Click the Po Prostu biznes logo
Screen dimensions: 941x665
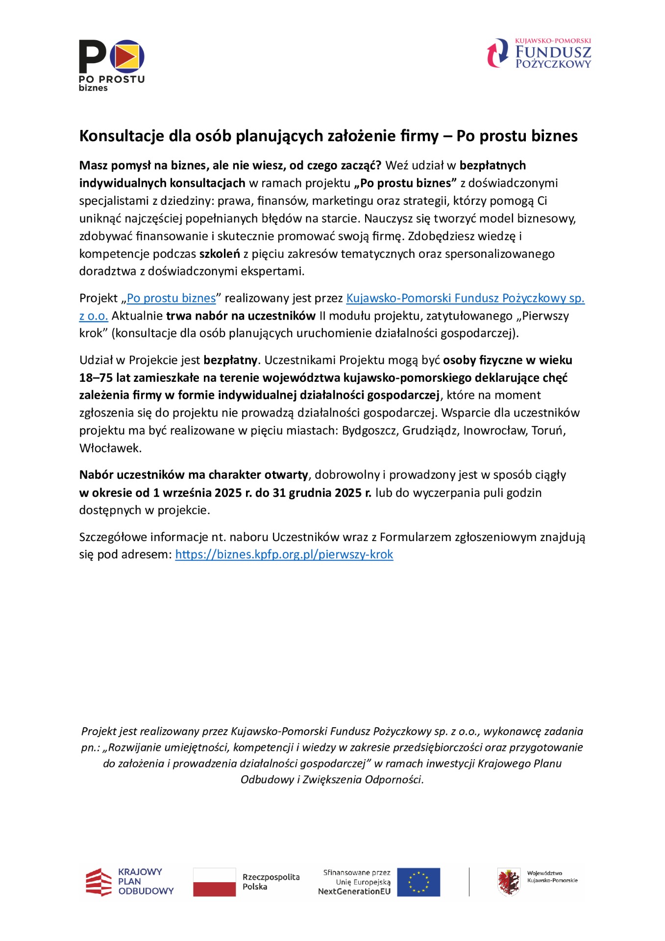(112, 65)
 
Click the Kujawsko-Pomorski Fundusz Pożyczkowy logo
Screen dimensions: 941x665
(539, 53)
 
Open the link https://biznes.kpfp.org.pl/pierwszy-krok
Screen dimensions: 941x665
(284, 554)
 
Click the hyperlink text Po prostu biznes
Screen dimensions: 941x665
(171, 298)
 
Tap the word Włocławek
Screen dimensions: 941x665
(110, 448)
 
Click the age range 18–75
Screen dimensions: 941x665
(96, 378)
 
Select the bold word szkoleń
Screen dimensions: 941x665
(220, 254)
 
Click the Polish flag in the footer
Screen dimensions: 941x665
(214, 882)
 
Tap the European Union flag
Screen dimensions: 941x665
(419, 882)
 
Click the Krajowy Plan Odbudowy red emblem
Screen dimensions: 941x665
(99, 882)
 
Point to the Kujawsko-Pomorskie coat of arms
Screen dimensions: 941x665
(509, 882)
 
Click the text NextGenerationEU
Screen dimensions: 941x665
(354, 891)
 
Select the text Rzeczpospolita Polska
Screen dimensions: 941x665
(271, 882)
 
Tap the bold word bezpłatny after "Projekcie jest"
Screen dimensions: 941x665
(230, 360)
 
